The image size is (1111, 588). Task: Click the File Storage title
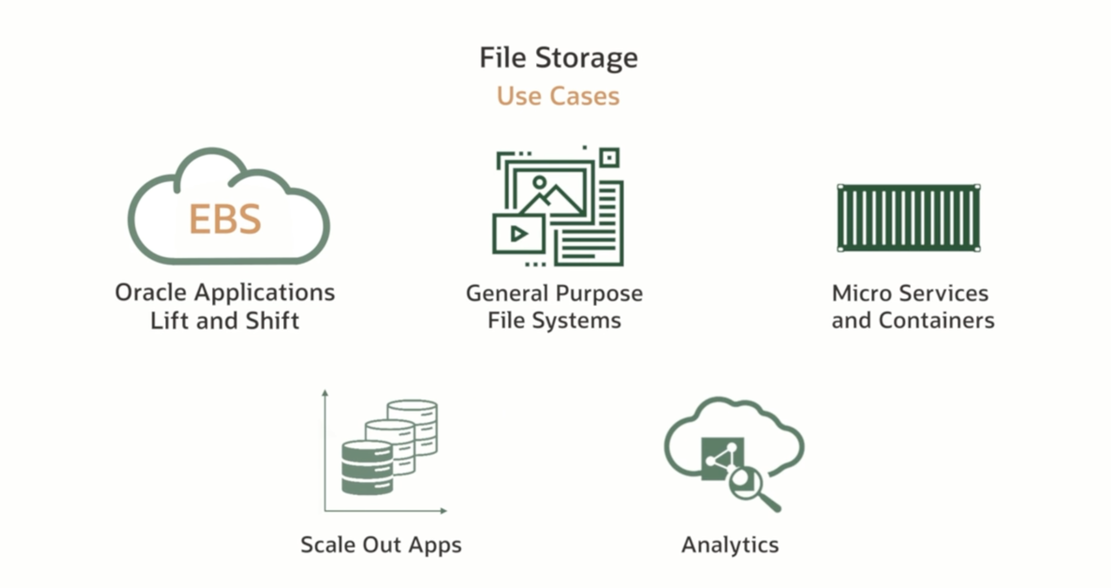[x=558, y=58]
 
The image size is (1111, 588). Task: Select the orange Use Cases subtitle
[x=558, y=96]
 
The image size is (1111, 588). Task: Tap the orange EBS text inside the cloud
[x=225, y=219]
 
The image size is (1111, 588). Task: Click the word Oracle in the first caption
[x=151, y=292]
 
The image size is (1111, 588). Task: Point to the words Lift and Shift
[x=225, y=321]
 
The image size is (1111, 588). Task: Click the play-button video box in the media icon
[x=518, y=234]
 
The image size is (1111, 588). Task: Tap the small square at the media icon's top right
[x=609, y=158]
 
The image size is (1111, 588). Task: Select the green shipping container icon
[x=909, y=218]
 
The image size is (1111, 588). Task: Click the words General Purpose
[x=554, y=293]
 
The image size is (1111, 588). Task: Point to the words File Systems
[x=554, y=321]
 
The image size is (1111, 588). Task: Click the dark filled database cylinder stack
[x=367, y=468]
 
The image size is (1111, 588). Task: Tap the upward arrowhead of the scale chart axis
[x=325, y=393]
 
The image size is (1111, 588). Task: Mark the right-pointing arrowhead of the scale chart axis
[x=443, y=511]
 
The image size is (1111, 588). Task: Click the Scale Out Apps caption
[x=381, y=545]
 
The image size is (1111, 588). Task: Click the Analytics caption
[x=730, y=545]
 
